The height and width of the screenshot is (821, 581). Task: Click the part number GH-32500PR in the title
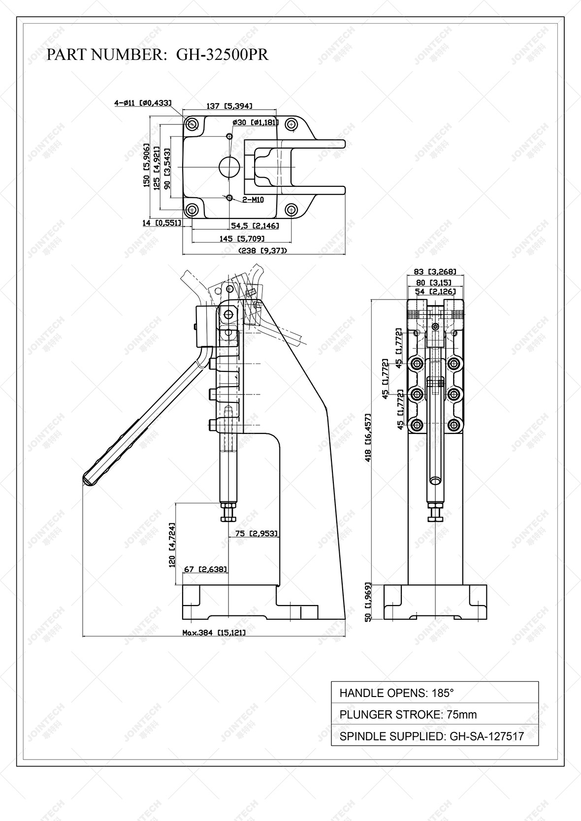coord(223,55)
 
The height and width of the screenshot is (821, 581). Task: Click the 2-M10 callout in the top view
coord(253,200)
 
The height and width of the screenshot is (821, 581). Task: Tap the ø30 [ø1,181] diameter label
coord(255,122)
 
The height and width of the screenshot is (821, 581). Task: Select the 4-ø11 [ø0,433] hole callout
coord(143,103)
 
